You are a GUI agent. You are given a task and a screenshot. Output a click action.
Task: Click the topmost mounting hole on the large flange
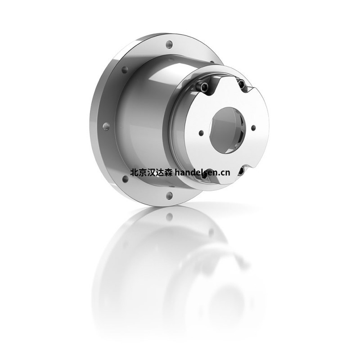[x=169, y=44]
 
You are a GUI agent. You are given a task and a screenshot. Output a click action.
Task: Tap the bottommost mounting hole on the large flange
[x=170, y=195]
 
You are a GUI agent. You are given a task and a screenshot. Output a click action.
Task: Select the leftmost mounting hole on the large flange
[x=106, y=126]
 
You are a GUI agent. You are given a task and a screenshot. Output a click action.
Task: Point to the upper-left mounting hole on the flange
[x=125, y=70]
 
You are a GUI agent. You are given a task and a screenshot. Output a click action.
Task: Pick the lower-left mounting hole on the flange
[x=125, y=179]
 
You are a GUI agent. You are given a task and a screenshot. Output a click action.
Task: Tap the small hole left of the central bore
[x=201, y=133]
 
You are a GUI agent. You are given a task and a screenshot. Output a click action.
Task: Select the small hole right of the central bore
[x=253, y=128]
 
